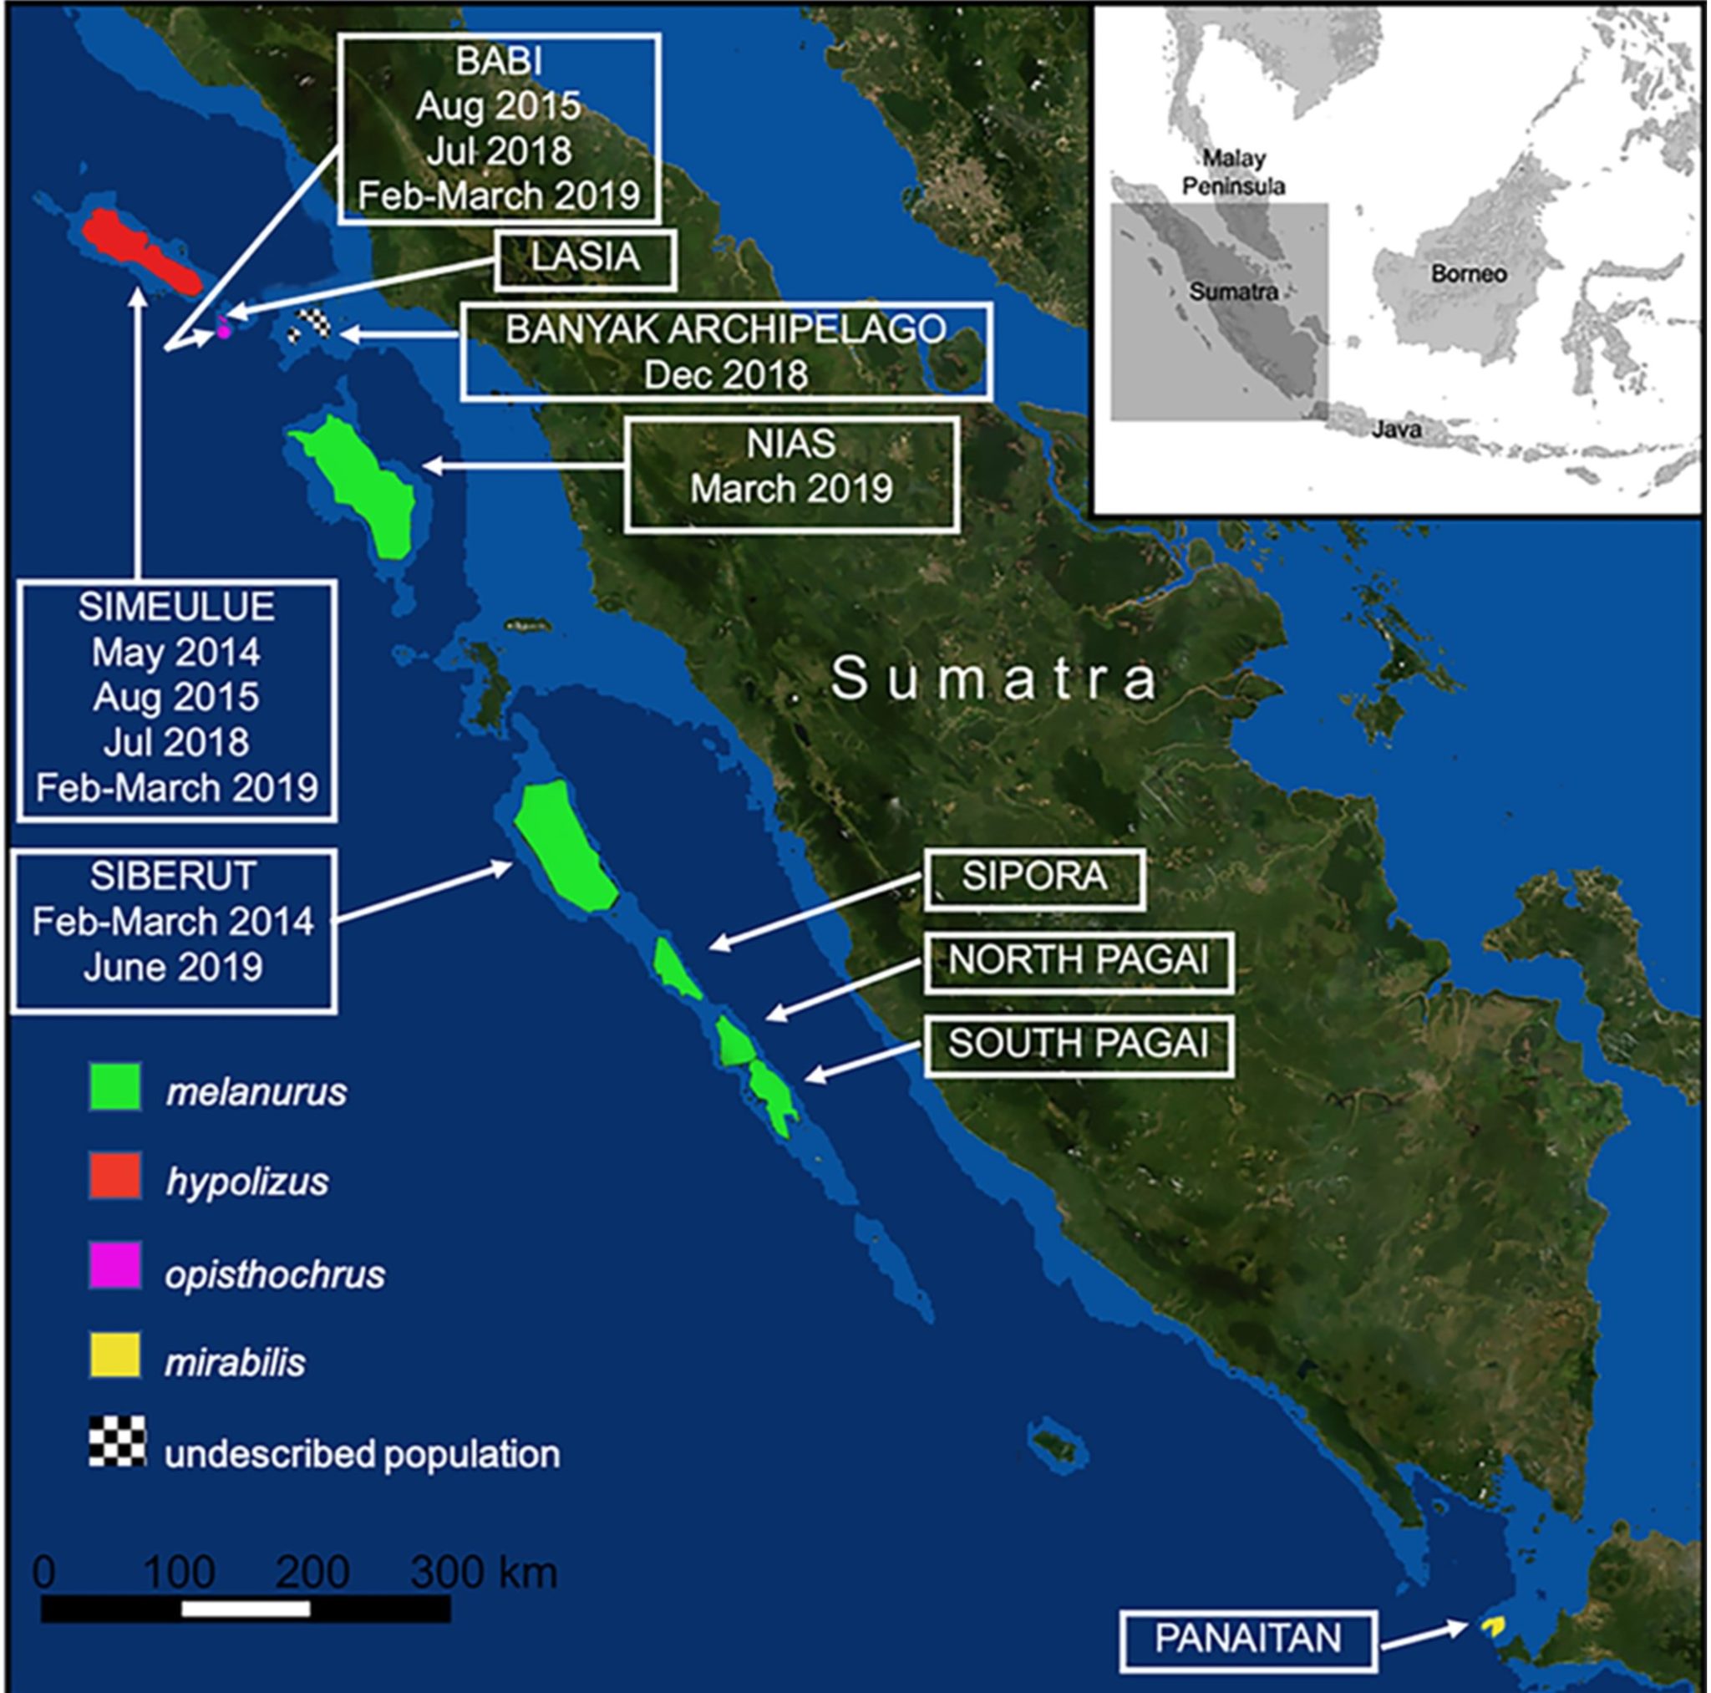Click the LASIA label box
[586, 260]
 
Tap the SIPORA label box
[1033, 879]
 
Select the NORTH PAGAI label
[1078, 961]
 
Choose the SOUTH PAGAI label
[1078, 1045]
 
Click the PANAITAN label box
[1248, 1640]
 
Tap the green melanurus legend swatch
[115, 1087]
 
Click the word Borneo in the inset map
[1469, 274]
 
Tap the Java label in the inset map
[1396, 430]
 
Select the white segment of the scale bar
[246, 1609]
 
